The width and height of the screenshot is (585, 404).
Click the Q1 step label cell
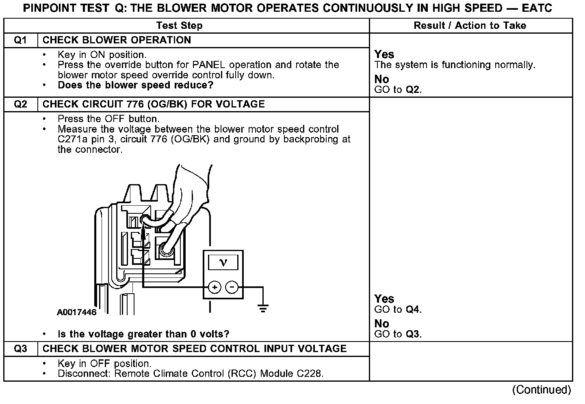click(21, 40)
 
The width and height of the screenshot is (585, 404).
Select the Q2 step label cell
click(21, 104)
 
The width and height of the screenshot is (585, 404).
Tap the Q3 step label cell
click(21, 349)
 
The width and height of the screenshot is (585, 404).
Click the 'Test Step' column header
click(179, 26)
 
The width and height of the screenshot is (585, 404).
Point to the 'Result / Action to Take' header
click(470, 26)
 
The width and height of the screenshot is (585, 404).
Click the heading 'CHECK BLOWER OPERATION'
click(117, 40)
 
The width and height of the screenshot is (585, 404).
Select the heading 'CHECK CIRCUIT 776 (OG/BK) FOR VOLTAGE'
click(154, 104)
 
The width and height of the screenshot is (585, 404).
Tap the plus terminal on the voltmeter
click(214, 288)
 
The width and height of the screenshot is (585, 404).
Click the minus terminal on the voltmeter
click(232, 288)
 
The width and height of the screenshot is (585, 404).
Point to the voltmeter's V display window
click(223, 262)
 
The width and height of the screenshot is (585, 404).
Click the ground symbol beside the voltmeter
click(263, 309)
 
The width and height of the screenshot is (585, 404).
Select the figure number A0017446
click(77, 312)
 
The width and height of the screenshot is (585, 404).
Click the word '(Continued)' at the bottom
click(542, 390)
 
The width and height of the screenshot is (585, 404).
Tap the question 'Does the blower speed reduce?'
click(136, 85)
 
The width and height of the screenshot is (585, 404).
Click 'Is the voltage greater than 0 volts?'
click(143, 334)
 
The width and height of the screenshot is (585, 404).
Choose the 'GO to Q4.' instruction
click(398, 309)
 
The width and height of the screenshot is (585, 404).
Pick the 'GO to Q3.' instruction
click(398, 334)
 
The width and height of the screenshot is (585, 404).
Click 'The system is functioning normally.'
click(455, 65)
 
